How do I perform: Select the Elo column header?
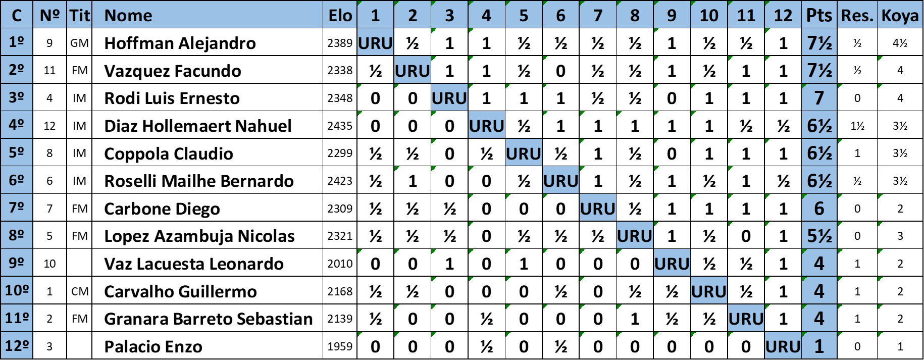[x=340, y=15]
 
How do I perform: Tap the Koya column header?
[x=900, y=15]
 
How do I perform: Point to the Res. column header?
[x=857, y=15]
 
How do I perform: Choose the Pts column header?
[x=818, y=15]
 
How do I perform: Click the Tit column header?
[x=79, y=15]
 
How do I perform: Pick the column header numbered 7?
[x=598, y=15]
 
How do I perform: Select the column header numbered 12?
[x=783, y=15]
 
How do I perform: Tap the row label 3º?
[x=16, y=97]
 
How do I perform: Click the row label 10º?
[x=16, y=290]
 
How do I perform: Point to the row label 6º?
[x=16, y=180]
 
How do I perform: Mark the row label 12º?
[x=16, y=346]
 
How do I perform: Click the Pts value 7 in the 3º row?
[x=819, y=97]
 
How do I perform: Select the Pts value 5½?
[x=819, y=235]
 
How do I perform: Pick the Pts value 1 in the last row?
[x=819, y=346]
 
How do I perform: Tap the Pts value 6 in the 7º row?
[x=819, y=208]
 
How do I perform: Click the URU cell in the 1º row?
[x=375, y=43]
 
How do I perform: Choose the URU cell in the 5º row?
[x=524, y=153]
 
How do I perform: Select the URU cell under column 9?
[x=672, y=263]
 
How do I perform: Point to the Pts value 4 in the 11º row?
[x=819, y=318]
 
